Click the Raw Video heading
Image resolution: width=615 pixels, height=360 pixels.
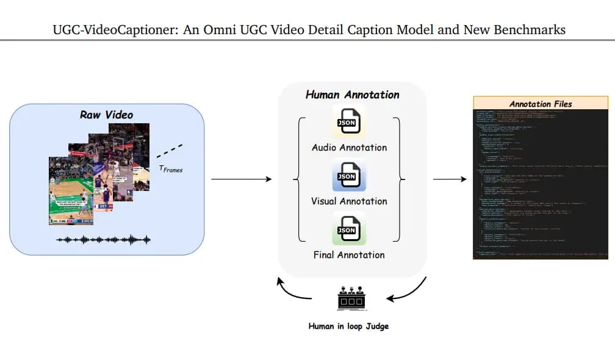106,115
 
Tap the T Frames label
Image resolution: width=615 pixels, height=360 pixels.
171,169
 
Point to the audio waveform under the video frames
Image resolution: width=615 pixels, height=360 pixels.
103,239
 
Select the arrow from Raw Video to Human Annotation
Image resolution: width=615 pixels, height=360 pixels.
240,179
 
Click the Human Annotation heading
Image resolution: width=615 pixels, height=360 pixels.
352,95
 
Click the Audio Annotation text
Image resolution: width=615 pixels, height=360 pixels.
349,147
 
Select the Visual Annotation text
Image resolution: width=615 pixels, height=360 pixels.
349,201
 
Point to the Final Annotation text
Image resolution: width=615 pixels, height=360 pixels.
349,254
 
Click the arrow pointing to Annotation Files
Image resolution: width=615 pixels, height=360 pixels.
449,179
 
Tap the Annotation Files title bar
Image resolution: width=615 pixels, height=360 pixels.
541,103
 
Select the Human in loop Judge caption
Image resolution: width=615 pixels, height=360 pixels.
348,326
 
